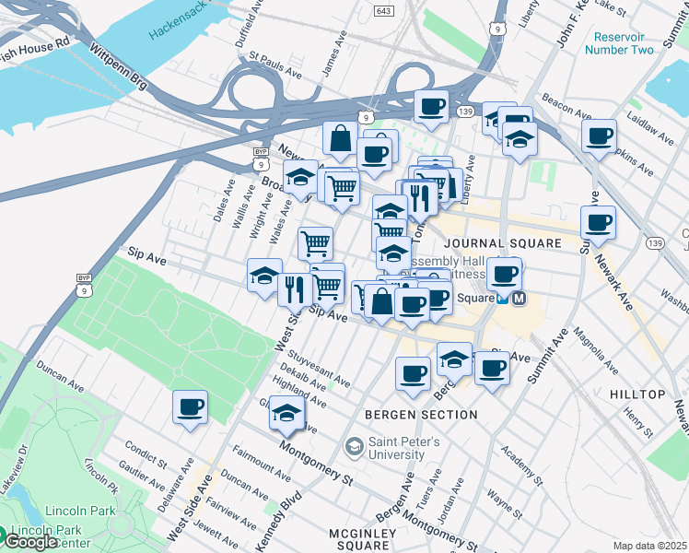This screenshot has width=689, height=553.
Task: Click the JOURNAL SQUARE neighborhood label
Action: [x=502, y=243]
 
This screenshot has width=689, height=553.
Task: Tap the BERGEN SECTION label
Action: [x=421, y=415]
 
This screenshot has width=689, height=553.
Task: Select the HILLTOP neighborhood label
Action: [x=637, y=394]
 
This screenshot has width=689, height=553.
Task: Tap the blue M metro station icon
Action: [x=520, y=299]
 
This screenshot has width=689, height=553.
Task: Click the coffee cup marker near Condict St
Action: [x=190, y=406]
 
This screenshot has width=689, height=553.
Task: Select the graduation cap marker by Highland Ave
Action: [x=286, y=413]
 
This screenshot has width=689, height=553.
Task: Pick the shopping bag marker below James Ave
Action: [x=340, y=139]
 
